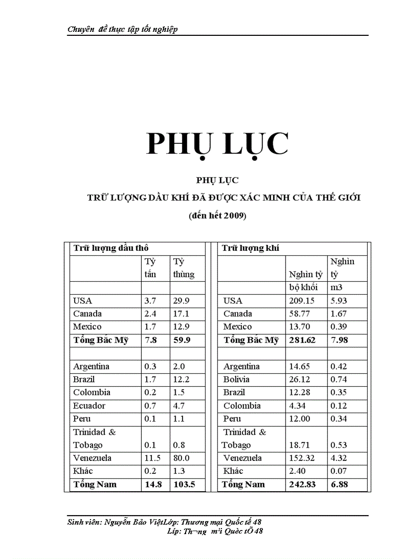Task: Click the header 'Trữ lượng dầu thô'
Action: point(111,248)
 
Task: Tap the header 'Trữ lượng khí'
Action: point(250,248)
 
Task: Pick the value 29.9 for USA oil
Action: point(181,301)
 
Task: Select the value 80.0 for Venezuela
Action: point(182,458)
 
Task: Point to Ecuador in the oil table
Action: point(89,406)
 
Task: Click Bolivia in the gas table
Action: point(236,379)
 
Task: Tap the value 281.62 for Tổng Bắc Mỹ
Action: point(303,340)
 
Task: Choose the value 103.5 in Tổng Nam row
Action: point(184,484)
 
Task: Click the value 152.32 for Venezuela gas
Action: point(303,458)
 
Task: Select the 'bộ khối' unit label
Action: point(303,288)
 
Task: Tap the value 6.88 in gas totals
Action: point(339,484)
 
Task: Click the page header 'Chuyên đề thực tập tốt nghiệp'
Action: point(122,29)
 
